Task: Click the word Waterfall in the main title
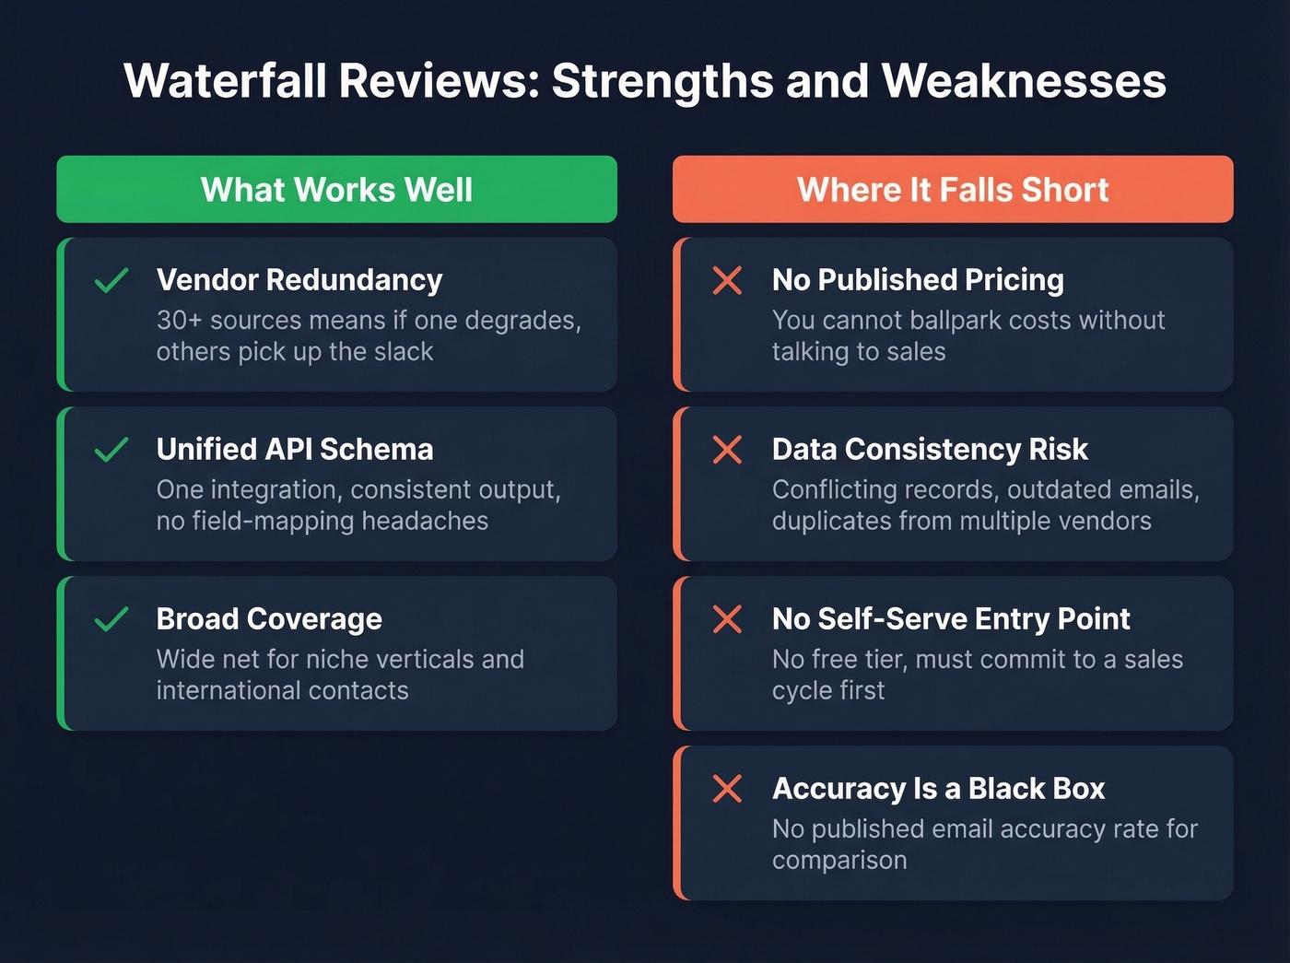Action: point(225,81)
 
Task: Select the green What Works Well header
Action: point(336,190)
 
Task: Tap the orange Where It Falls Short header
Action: point(953,190)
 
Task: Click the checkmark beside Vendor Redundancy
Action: point(111,280)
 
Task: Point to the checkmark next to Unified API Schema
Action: point(111,450)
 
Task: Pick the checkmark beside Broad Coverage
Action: point(111,619)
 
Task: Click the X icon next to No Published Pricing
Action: point(727,280)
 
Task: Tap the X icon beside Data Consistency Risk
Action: point(727,450)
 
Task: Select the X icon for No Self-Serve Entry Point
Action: point(727,619)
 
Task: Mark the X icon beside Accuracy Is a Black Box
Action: point(727,789)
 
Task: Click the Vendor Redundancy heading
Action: point(299,280)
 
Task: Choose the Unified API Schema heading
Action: point(295,450)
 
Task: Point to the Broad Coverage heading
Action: point(269,619)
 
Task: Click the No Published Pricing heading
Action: point(918,280)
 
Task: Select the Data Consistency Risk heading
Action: point(930,450)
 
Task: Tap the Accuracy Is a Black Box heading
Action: point(938,789)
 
